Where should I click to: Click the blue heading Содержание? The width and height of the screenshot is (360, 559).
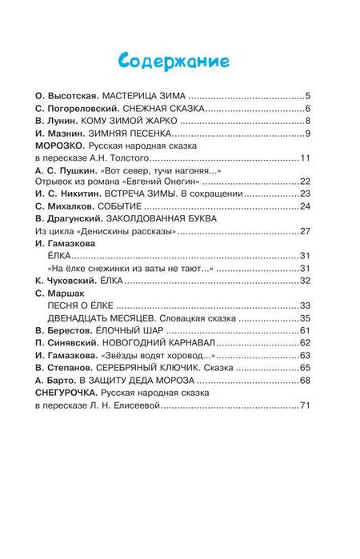(180, 61)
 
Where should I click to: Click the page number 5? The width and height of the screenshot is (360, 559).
(318, 94)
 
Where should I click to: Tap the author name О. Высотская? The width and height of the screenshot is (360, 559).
(70, 94)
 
